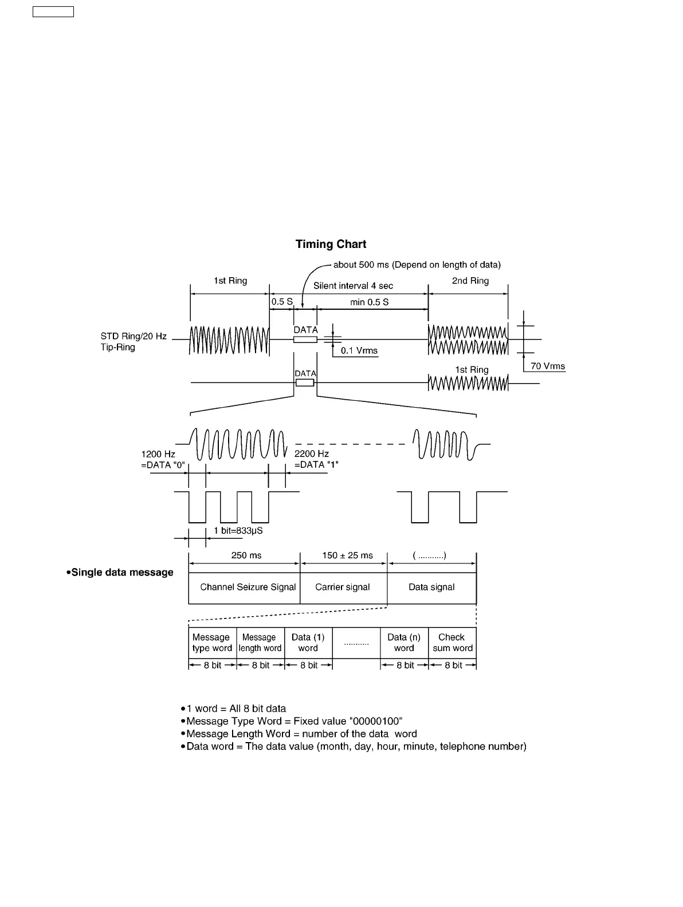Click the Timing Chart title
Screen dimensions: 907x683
pyautogui.click(x=331, y=245)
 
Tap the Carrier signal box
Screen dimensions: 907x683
pyautogui.click(x=343, y=587)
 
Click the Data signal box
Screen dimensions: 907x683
pyautogui.click(x=431, y=587)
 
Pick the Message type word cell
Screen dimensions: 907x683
pyautogui.click(x=212, y=643)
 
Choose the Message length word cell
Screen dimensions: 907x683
pyautogui.click(x=260, y=643)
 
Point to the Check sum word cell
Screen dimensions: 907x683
pyautogui.click(x=452, y=643)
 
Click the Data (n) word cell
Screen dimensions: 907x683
pyautogui.click(x=404, y=643)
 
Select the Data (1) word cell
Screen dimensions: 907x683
pyautogui.click(x=308, y=643)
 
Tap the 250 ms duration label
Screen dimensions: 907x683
pyautogui.click(x=246, y=555)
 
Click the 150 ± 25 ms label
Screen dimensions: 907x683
pyautogui.click(x=347, y=555)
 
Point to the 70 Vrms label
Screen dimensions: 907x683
pyautogui.click(x=547, y=366)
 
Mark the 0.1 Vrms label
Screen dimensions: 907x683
pyautogui.click(x=359, y=351)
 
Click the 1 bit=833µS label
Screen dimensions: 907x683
pyautogui.click(x=238, y=531)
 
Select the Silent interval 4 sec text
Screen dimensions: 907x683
pyautogui.click(x=353, y=286)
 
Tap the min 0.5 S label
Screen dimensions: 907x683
pyautogui.click(x=370, y=302)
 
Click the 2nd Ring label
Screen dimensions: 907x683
pyautogui.click(x=470, y=281)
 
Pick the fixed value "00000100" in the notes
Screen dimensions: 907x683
pyautogui.click(x=375, y=721)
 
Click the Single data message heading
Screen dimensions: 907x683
pyautogui.click(x=120, y=573)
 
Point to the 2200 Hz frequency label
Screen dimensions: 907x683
pyautogui.click(x=312, y=454)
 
